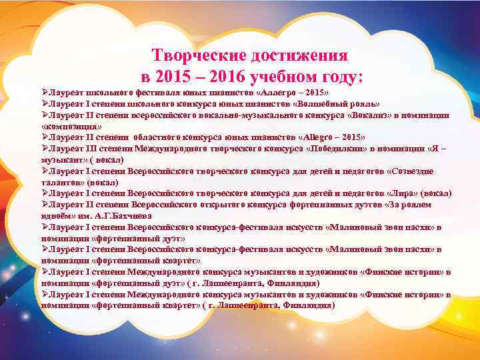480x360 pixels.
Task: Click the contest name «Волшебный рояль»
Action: (x=341, y=104)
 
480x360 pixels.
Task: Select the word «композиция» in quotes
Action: (x=71, y=125)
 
